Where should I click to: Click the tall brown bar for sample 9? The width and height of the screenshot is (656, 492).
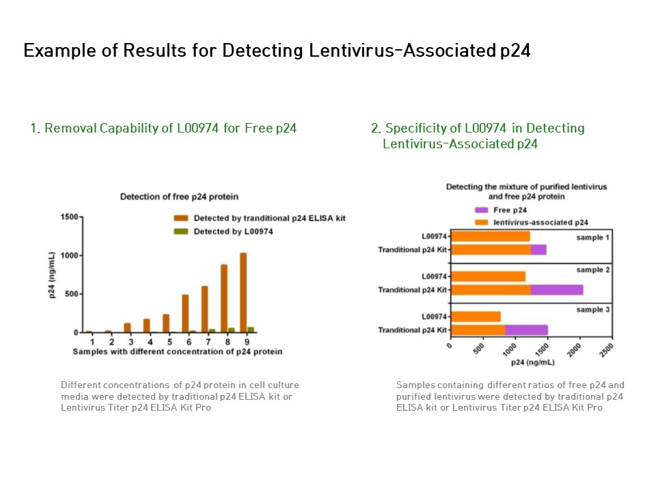[243, 292]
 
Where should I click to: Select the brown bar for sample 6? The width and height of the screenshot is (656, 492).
[185, 314]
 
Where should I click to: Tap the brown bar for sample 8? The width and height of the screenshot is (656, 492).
[224, 298]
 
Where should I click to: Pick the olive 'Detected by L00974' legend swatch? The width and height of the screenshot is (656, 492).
[180, 232]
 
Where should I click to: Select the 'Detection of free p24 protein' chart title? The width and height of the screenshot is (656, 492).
[179, 197]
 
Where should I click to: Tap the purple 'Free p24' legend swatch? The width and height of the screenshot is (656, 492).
[481, 210]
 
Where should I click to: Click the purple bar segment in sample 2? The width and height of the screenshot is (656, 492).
[556, 290]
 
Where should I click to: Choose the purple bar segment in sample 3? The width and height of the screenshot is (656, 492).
[526, 330]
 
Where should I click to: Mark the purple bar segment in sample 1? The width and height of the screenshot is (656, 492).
[538, 249]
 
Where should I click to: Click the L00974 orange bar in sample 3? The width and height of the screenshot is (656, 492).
[476, 316]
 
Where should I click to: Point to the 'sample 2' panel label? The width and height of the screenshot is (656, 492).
[594, 271]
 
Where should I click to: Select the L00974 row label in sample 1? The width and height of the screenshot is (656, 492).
[435, 236]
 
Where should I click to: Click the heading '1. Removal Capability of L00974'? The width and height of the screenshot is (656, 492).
[163, 128]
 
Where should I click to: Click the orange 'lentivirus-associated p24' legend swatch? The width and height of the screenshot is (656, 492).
[481, 222]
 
